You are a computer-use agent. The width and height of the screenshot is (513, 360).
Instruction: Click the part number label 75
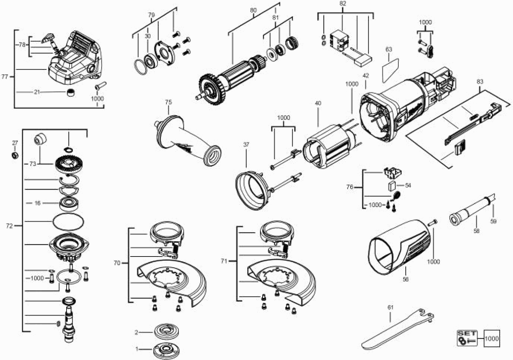click(168, 102)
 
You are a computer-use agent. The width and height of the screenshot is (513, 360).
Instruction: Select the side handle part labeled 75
click(189, 140)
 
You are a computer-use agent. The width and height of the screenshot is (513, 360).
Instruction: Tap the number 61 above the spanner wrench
click(391, 308)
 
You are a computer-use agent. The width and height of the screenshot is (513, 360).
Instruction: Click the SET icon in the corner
click(467, 338)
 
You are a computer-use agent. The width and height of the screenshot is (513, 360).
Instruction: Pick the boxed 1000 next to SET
click(492, 339)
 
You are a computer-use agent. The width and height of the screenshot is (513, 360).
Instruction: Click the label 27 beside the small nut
click(15, 143)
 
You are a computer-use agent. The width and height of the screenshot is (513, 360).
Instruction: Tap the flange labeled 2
click(165, 331)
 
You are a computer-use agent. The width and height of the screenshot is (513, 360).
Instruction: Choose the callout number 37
click(246, 145)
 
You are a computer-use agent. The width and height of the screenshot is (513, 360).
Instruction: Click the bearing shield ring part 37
click(252, 189)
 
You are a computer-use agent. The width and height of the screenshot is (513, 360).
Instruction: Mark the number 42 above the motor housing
click(366, 76)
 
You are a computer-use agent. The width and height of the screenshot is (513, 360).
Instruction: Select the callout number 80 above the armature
click(253, 10)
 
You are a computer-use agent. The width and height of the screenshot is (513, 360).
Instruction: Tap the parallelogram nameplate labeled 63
click(390, 70)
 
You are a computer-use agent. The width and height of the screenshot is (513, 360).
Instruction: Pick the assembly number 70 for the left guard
click(117, 263)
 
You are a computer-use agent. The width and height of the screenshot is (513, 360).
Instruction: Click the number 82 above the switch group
click(343, 4)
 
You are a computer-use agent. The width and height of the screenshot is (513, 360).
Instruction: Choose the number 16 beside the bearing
click(37, 203)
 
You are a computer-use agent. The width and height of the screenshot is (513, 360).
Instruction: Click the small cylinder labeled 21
click(71, 92)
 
